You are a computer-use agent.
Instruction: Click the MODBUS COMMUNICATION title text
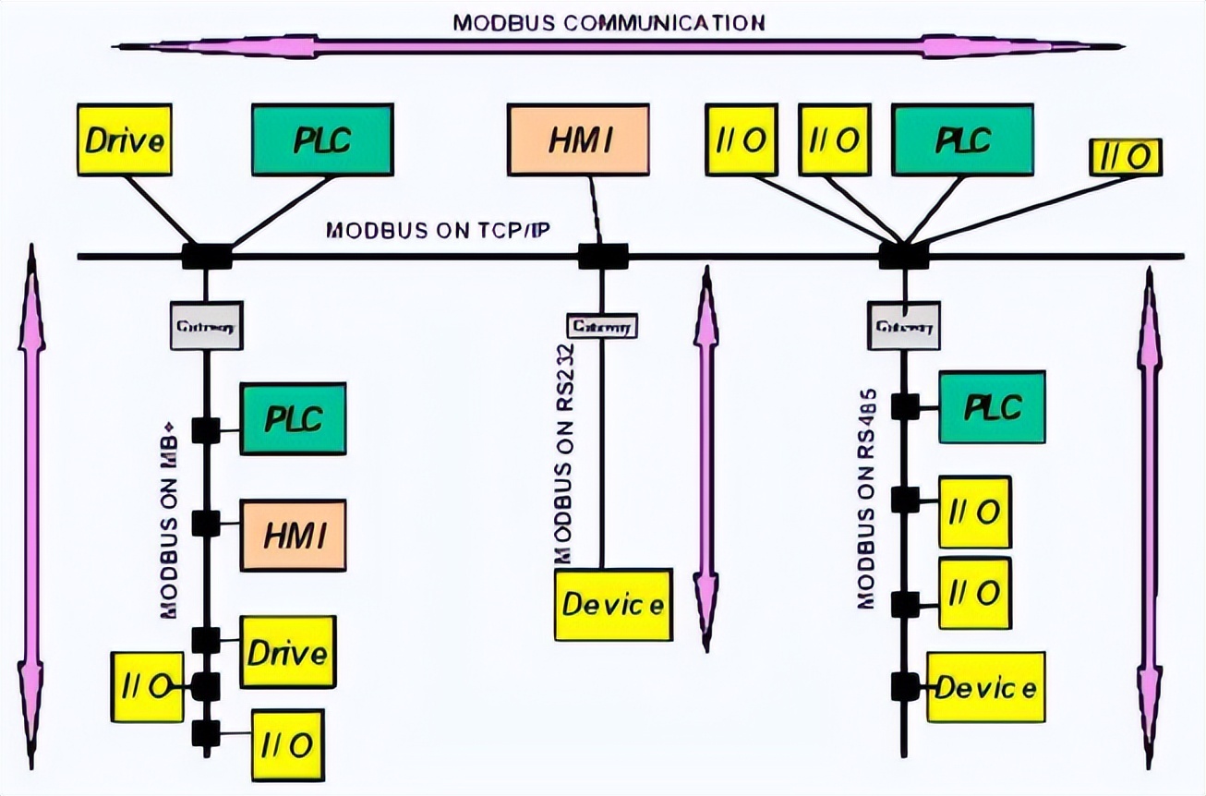(609, 22)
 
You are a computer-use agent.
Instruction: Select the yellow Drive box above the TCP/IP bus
(125, 140)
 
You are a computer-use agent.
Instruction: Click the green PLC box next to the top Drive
(321, 139)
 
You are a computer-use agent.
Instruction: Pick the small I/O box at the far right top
(1125, 157)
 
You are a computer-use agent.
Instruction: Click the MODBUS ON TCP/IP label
(438, 230)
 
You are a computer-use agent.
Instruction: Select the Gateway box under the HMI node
(603, 326)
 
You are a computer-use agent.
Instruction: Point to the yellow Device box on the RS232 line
(613, 605)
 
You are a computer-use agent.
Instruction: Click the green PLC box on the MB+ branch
(293, 418)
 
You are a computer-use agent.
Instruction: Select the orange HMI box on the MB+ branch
(293, 536)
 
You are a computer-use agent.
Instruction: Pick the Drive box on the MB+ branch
(287, 653)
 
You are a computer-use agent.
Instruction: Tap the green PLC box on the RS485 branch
(992, 407)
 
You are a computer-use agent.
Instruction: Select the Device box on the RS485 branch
(985, 687)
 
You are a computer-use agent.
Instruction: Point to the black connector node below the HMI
(602, 256)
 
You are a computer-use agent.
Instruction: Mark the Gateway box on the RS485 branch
(903, 325)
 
